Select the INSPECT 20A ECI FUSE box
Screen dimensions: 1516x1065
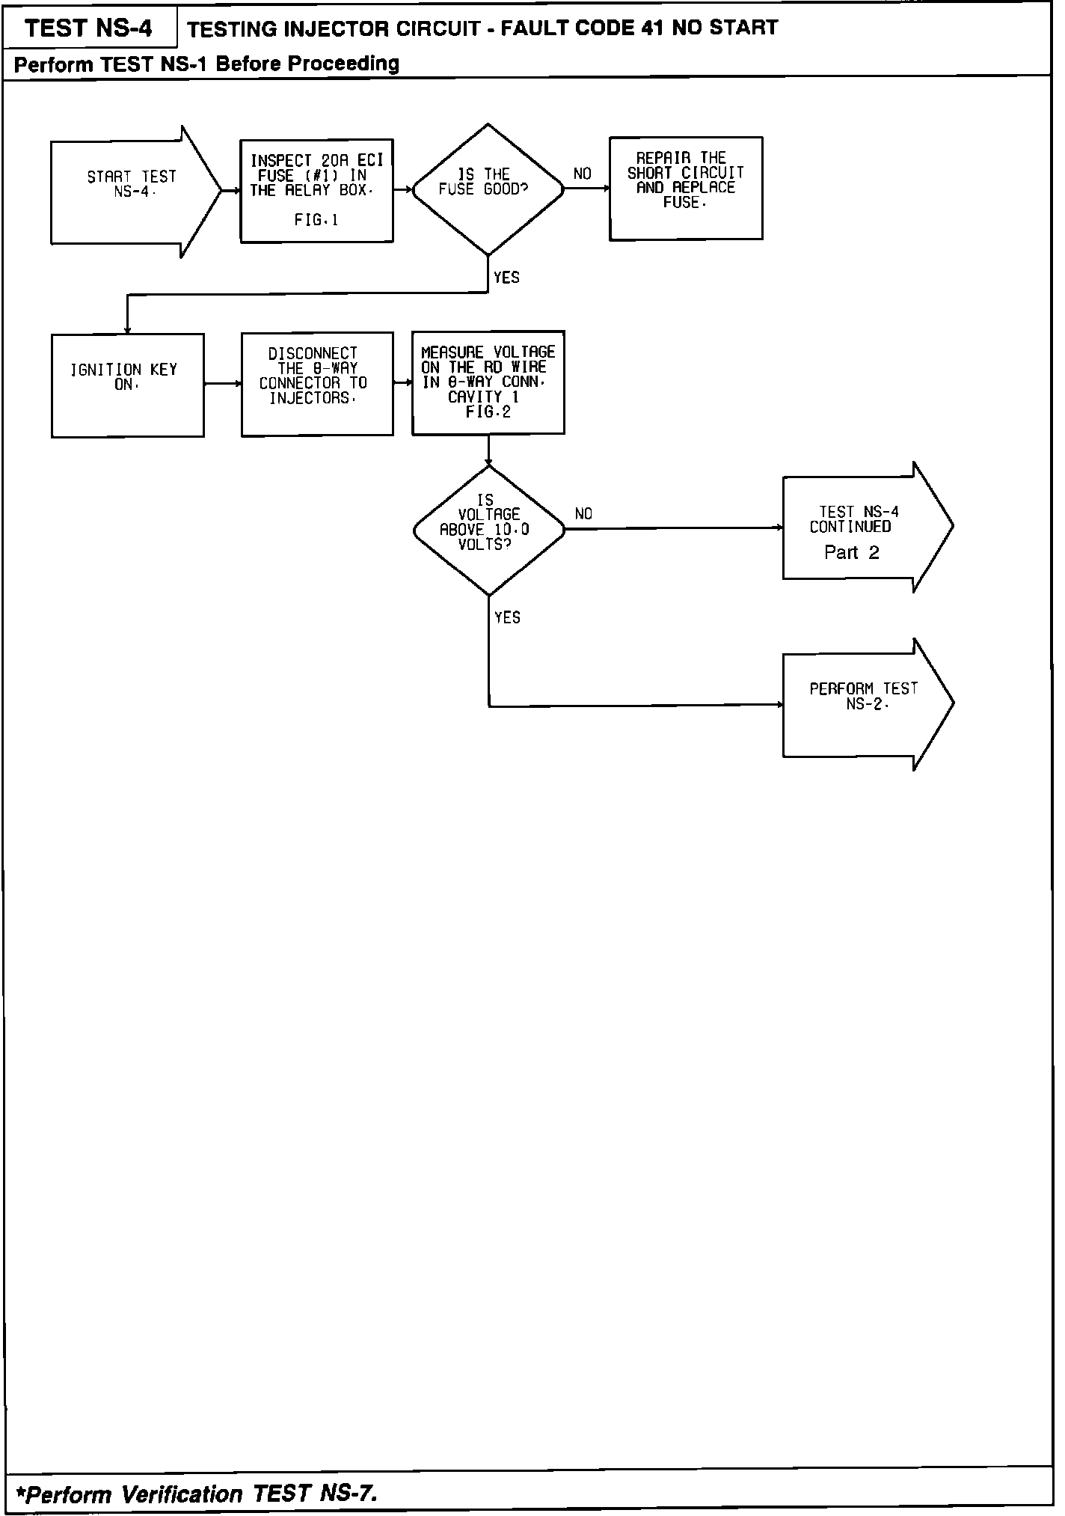pyautogui.click(x=316, y=190)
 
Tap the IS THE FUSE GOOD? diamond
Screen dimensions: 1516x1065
pyautogui.click(x=488, y=189)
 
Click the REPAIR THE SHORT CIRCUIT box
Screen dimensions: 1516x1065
pyautogui.click(x=686, y=188)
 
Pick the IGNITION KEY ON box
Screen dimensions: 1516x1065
pyautogui.click(x=127, y=385)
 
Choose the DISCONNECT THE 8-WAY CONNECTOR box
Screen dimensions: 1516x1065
pyautogui.click(x=317, y=383)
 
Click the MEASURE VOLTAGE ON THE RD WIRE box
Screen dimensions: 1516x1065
pyautogui.click(x=488, y=382)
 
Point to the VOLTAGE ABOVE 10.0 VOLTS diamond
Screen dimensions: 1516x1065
pyautogui.click(x=488, y=529)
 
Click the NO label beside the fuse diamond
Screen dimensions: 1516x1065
pyautogui.click(x=582, y=174)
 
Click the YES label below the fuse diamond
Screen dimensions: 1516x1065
pyautogui.click(x=506, y=278)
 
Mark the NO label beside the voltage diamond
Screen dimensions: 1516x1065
pyautogui.click(x=583, y=514)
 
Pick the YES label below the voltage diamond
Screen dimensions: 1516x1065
pyautogui.click(x=507, y=617)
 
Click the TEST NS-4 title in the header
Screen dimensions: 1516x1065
pyautogui.click(x=88, y=28)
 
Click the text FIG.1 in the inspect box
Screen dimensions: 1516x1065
pyautogui.click(x=316, y=220)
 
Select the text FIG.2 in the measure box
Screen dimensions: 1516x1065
pyautogui.click(x=488, y=412)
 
